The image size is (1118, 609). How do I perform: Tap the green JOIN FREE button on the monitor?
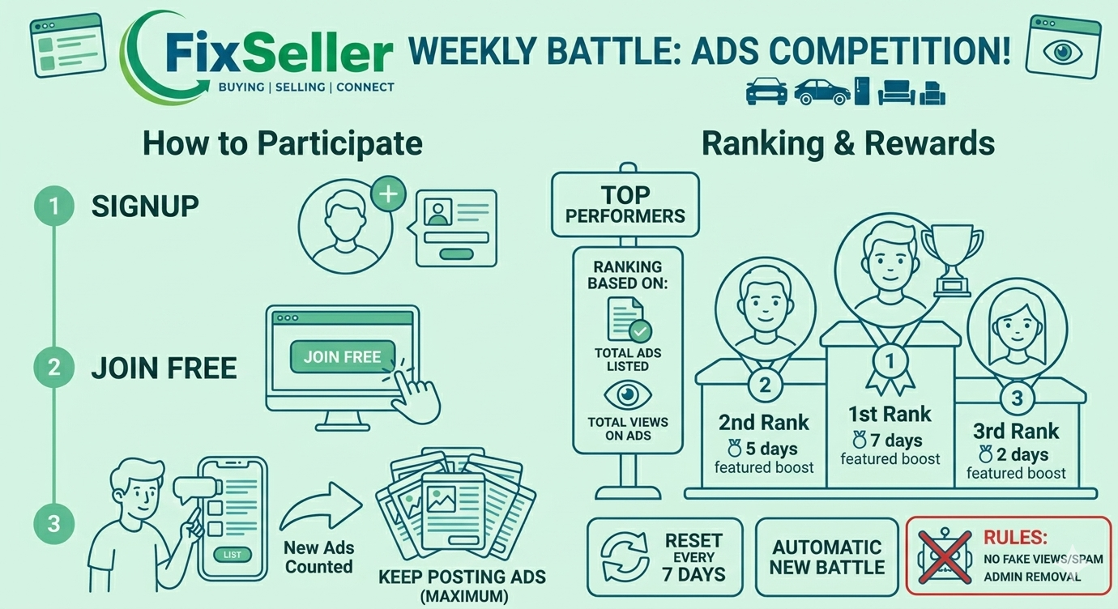point(343,356)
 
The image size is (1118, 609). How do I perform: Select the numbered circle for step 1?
point(53,206)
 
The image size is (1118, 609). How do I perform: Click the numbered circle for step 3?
point(53,524)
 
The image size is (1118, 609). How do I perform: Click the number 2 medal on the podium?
point(765,385)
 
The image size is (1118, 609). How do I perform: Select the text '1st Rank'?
point(890,414)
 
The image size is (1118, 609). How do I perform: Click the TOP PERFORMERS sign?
point(625,204)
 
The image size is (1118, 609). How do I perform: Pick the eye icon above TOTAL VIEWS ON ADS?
point(628,396)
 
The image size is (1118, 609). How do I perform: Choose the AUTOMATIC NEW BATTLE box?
point(827,556)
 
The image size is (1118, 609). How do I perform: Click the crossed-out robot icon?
point(944,556)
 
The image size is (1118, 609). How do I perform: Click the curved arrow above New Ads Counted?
point(320,509)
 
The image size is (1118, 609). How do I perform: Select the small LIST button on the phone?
point(233,555)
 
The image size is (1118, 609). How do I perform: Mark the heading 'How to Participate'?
point(283,143)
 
